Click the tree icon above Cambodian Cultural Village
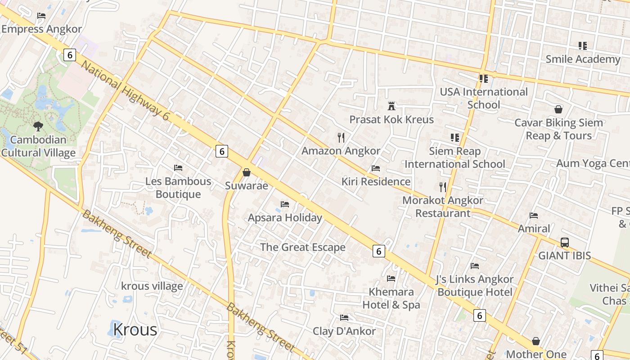pyautogui.click(x=38, y=126)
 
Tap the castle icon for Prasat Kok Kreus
pyautogui.click(x=391, y=106)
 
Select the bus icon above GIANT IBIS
pyautogui.click(x=565, y=243)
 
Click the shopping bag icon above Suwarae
pyautogui.click(x=246, y=172)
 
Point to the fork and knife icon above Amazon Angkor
pyautogui.click(x=341, y=137)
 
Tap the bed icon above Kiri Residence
pyautogui.click(x=376, y=168)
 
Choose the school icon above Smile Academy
pyautogui.click(x=583, y=46)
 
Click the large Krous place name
pyautogui.click(x=135, y=329)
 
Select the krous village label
pyautogui.click(x=152, y=286)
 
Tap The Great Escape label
pyautogui.click(x=303, y=247)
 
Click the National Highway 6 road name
pyautogui.click(x=126, y=90)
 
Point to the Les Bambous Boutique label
pyautogui.click(x=178, y=188)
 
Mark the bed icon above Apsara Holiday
pyautogui.click(x=285, y=204)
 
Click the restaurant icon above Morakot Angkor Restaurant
pyautogui.click(x=443, y=187)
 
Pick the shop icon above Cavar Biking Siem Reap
pyautogui.click(x=558, y=109)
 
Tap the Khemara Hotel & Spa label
pyautogui.click(x=391, y=298)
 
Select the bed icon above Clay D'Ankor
pyautogui.click(x=344, y=318)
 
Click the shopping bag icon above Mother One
pyautogui.click(x=536, y=341)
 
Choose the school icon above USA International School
pyautogui.click(x=484, y=79)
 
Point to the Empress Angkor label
pyautogui.click(x=42, y=29)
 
